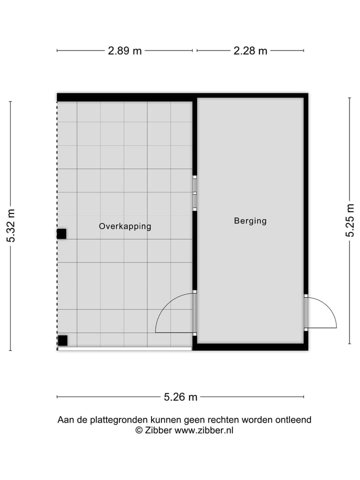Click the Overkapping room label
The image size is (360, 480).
125,226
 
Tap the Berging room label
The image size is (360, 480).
250,220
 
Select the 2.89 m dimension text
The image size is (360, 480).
124,50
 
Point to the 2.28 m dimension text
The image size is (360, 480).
250,50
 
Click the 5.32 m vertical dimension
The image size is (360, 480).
11,226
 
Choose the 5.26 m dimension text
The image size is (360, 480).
180,397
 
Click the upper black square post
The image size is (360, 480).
61,233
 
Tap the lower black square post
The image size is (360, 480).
62,340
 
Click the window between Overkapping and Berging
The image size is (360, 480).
194,193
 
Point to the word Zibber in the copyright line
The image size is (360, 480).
158,430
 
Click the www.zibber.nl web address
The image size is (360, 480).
204,430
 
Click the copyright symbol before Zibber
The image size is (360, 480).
139,430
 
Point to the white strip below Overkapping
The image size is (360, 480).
125,348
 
